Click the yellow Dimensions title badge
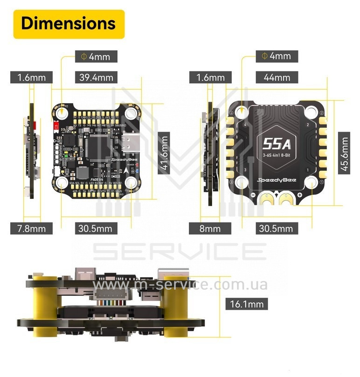[x=68, y=23]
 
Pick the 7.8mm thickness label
[x=31, y=228]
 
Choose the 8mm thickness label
[x=210, y=228]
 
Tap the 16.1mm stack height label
[x=247, y=304]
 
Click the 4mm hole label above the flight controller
[x=96, y=56]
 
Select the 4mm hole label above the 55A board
[x=276, y=56]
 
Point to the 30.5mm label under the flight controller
[x=96, y=228]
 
